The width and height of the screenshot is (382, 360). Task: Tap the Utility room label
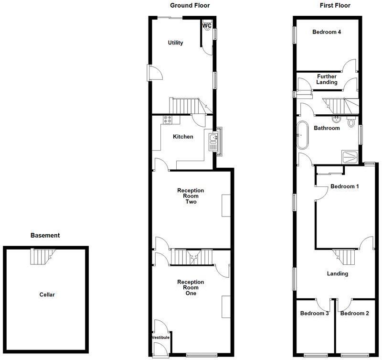[175, 43]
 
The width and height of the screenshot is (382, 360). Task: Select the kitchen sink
[213, 142]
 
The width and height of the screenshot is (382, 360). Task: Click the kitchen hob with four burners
[168, 120]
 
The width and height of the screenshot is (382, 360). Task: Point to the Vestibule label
[161, 338]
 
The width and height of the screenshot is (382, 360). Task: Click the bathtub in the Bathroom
[303, 136]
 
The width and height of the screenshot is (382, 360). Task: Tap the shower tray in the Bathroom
[351, 155]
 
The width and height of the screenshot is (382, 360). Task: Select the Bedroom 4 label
[327, 33]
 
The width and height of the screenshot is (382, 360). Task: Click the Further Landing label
[327, 79]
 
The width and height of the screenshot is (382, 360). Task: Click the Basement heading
[45, 235]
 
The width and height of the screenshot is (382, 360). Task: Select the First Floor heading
[335, 6]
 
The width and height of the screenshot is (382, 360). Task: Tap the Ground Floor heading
[190, 6]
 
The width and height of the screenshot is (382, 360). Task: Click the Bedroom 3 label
[314, 314]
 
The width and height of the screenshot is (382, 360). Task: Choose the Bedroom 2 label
[355, 314]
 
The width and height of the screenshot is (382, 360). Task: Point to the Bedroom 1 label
[345, 186]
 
